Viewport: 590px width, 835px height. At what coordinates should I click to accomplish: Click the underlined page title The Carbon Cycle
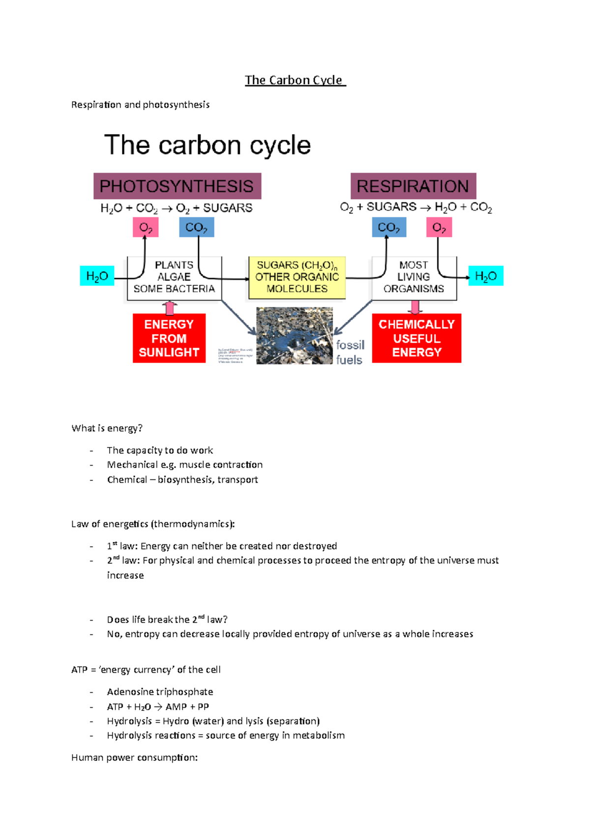295,80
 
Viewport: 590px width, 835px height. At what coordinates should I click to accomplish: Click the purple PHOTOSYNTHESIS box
177,186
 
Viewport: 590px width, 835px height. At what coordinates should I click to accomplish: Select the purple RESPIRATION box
413,186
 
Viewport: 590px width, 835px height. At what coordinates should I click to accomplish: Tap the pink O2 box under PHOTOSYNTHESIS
146,228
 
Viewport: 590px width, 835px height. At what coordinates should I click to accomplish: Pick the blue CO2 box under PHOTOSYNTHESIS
197,228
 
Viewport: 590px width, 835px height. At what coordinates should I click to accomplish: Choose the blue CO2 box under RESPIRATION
389,228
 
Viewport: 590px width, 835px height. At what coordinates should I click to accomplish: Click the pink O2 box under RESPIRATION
439,228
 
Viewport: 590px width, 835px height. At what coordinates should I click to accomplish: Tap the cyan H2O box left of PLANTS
97,276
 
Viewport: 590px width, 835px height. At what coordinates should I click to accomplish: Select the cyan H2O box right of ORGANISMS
486,276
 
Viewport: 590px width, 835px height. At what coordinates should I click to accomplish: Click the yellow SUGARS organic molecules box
297,277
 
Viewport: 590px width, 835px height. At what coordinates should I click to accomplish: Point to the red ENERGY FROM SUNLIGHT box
169,338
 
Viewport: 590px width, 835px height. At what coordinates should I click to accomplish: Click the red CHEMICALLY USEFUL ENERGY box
416,338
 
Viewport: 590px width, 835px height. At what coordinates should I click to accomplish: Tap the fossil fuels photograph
295,336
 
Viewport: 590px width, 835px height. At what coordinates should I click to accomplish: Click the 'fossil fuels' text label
350,352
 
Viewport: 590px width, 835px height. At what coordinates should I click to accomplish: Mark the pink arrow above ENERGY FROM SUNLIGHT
170,308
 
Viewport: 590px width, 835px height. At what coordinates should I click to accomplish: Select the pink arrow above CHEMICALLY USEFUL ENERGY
415,307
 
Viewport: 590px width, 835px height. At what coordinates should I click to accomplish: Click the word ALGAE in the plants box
174,277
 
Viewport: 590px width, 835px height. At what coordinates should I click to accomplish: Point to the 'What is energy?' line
107,428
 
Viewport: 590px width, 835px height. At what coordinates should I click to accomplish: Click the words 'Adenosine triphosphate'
160,692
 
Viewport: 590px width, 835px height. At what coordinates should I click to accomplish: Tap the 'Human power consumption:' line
134,758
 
